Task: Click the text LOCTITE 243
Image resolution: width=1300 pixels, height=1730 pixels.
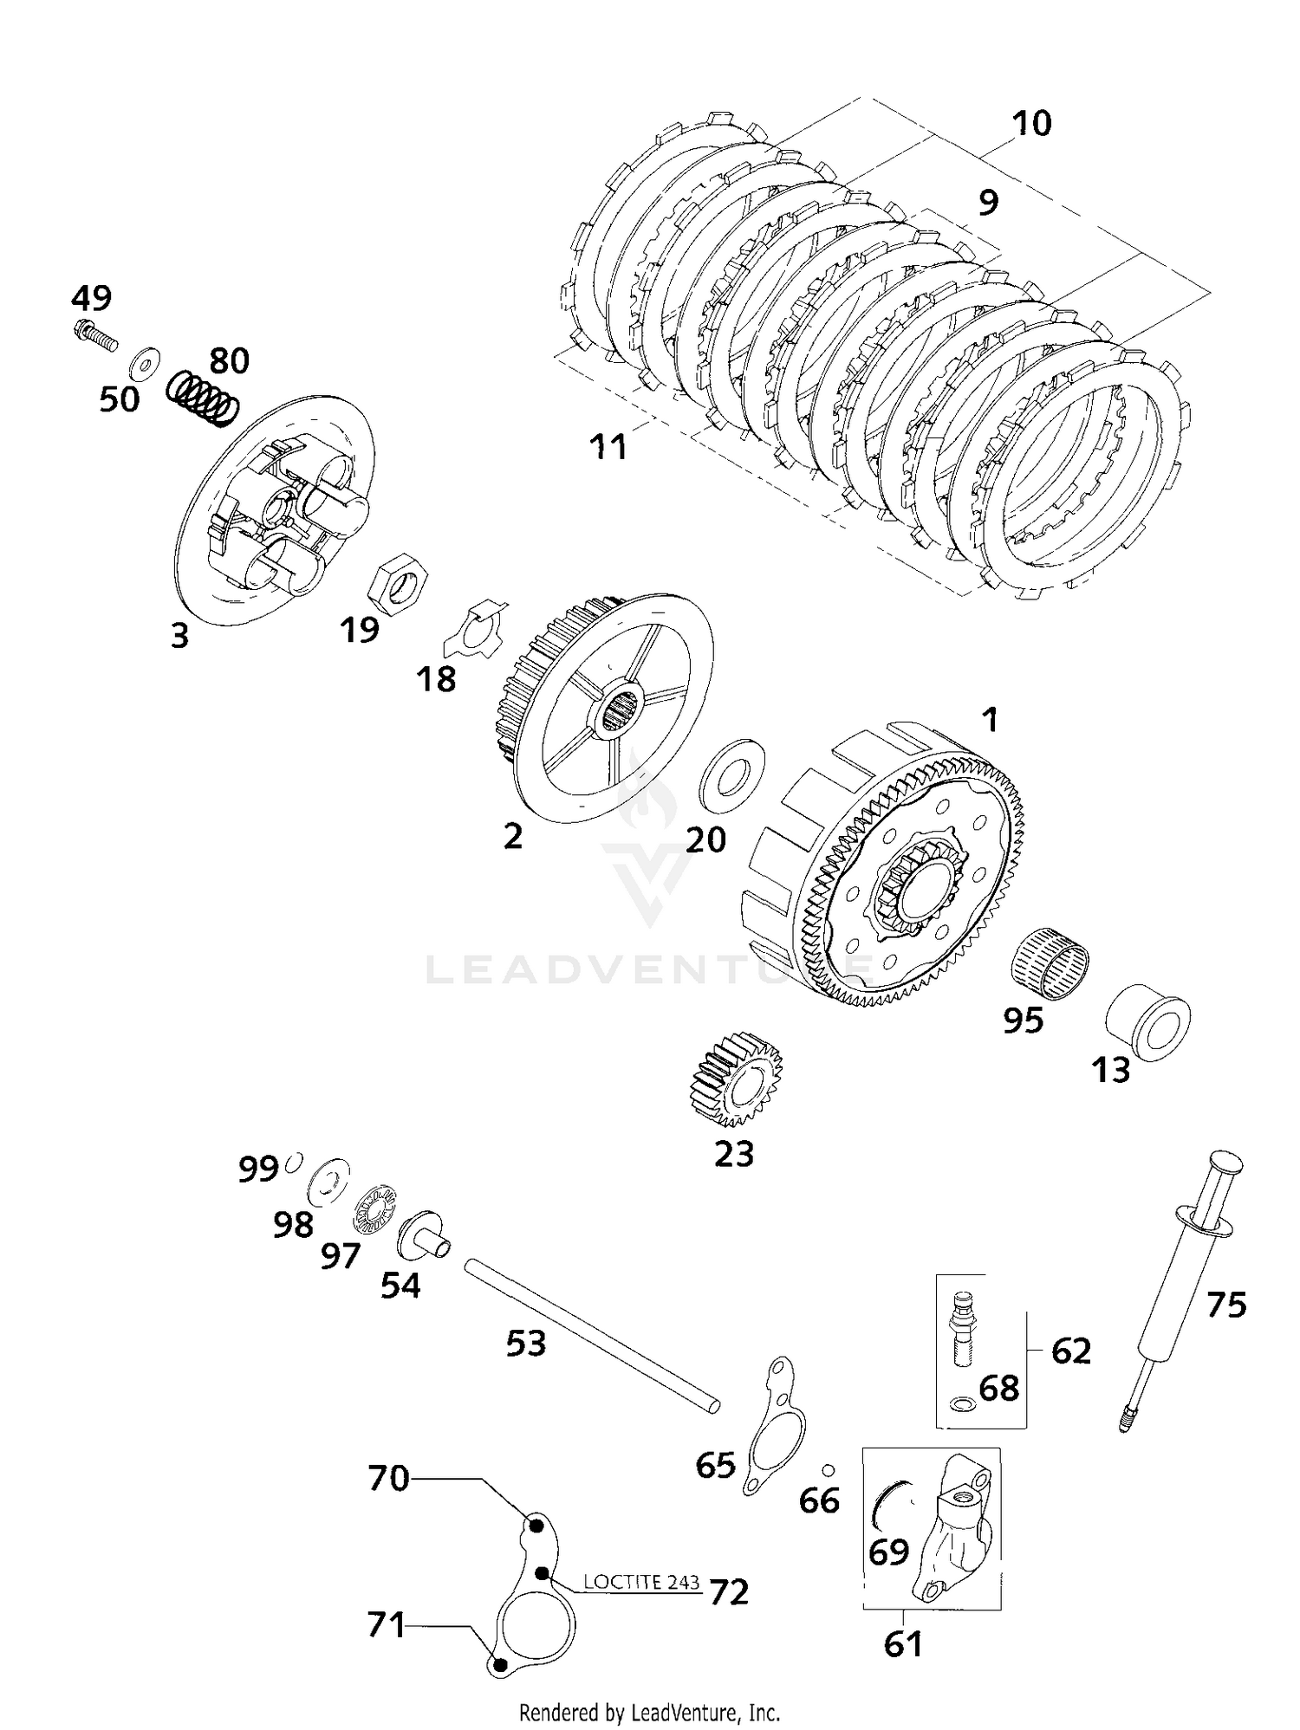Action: (x=640, y=1580)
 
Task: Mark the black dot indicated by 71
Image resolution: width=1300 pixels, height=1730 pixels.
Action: (x=498, y=1663)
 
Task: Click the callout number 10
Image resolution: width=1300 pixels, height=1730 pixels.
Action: (x=1032, y=123)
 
